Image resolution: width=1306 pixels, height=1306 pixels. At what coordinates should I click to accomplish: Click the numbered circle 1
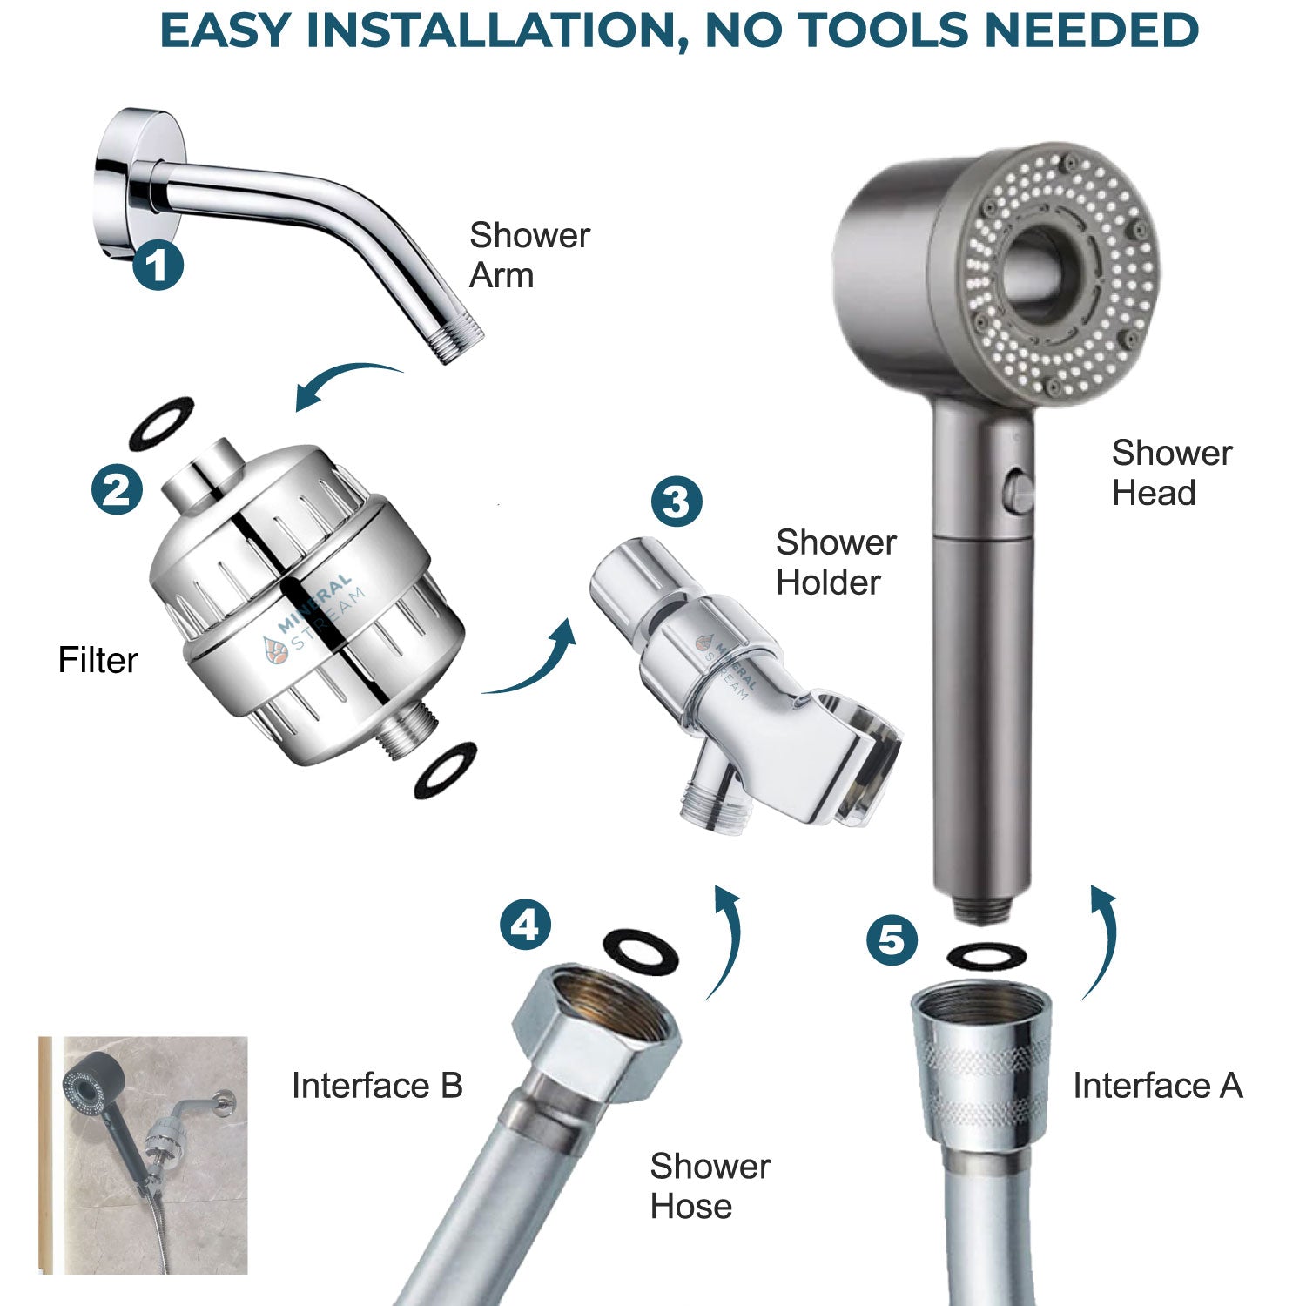click(158, 265)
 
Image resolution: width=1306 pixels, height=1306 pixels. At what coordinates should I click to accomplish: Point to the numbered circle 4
click(525, 925)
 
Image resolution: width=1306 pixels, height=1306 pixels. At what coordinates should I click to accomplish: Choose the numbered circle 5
click(892, 940)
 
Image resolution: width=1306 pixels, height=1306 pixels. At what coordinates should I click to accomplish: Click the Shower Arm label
click(528, 255)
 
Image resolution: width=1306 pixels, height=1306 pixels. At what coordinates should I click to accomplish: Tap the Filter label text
click(98, 660)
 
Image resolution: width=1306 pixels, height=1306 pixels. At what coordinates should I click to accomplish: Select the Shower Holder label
click(835, 562)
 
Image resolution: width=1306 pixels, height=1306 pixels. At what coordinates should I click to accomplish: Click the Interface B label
click(376, 1086)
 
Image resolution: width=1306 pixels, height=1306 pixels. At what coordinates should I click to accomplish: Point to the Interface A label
click(1157, 1086)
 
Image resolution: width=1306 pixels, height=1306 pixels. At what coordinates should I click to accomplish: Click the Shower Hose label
click(710, 1186)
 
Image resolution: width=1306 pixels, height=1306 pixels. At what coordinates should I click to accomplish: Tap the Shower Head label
click(1171, 473)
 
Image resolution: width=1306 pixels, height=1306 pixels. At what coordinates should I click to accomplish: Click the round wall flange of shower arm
click(131, 174)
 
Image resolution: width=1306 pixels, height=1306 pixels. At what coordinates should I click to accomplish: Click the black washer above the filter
click(161, 424)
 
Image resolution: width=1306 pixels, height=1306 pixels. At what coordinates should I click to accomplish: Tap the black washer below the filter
click(446, 771)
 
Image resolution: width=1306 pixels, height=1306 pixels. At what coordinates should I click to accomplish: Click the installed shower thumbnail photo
click(144, 1155)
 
